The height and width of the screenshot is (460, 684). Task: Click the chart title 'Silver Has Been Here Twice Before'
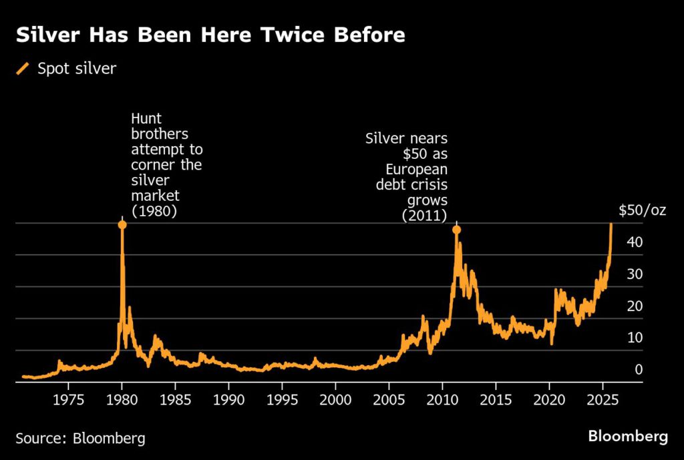[210, 35]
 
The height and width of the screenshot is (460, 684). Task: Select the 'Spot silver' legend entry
[76, 68]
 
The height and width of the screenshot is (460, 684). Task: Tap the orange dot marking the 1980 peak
[122, 224]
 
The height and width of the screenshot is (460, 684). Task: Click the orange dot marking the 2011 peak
[456, 230]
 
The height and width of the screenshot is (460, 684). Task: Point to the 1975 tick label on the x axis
[68, 399]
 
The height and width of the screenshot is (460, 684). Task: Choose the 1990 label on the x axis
[228, 399]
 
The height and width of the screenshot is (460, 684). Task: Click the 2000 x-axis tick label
[335, 399]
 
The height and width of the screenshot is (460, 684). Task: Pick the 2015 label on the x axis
[496, 399]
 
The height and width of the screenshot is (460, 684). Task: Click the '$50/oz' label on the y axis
[642, 212]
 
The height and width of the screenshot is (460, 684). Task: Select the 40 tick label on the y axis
[635, 242]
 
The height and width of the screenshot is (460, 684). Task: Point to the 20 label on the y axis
[635, 306]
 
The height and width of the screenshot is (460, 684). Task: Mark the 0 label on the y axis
[639, 370]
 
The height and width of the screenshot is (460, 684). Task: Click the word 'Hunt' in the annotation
[145, 120]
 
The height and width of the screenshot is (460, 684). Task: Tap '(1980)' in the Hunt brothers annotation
[154, 212]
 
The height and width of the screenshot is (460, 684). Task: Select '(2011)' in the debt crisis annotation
[424, 215]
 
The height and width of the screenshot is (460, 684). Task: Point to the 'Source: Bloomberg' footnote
[80, 438]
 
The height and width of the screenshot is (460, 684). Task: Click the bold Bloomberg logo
[628, 437]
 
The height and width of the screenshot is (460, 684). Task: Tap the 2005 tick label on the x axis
[389, 399]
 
